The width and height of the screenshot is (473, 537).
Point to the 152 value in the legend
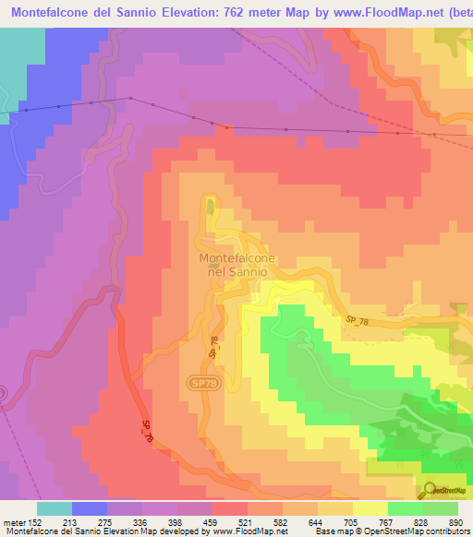point(33,523)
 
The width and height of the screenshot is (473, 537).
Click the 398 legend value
point(177,523)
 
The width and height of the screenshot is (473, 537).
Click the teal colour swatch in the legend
point(55,508)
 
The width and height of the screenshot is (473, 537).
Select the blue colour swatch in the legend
point(90,508)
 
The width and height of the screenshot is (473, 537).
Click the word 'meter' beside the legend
point(12,523)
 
